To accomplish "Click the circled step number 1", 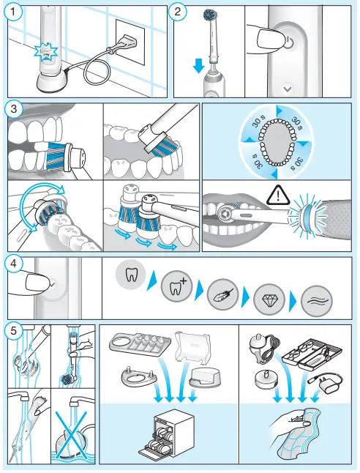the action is pyautogui.click(x=12, y=12).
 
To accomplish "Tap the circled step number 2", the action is pyautogui.click(x=178, y=12).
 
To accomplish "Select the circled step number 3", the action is pyautogui.click(x=14, y=109).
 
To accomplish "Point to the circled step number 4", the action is pyautogui.click(x=13, y=264).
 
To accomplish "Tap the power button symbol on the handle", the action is pyautogui.click(x=289, y=42).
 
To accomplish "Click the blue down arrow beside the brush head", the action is pyautogui.click(x=199, y=65).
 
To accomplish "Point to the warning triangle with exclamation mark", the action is pyautogui.click(x=278, y=195).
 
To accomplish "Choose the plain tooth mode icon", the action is pyautogui.click(x=131, y=275).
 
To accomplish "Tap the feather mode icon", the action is pyautogui.click(x=223, y=294).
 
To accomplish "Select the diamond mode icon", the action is pyautogui.click(x=269, y=299).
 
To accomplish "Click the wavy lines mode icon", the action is pyautogui.click(x=317, y=301).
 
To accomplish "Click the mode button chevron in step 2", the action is pyautogui.click(x=288, y=89).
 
